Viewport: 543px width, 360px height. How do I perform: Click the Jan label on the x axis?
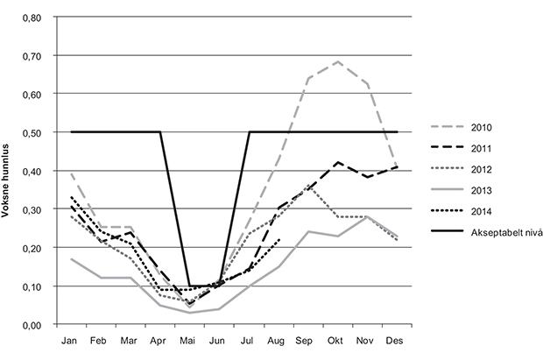click(x=71, y=340)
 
